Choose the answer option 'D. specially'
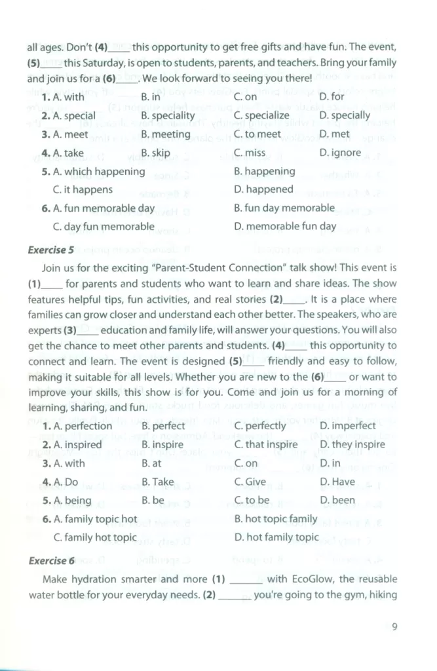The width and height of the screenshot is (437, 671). click(x=345, y=115)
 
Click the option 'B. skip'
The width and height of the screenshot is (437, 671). click(x=156, y=153)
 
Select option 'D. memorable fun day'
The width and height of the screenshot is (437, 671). click(x=285, y=226)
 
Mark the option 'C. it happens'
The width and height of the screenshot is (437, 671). click(x=83, y=189)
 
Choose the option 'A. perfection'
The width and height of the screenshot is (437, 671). click(x=77, y=426)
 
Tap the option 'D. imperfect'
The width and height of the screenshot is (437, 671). click(x=348, y=426)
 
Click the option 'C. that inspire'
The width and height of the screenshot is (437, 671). click(x=266, y=444)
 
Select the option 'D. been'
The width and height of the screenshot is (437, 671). click(x=337, y=500)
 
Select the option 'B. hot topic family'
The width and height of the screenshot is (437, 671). click(x=276, y=519)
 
